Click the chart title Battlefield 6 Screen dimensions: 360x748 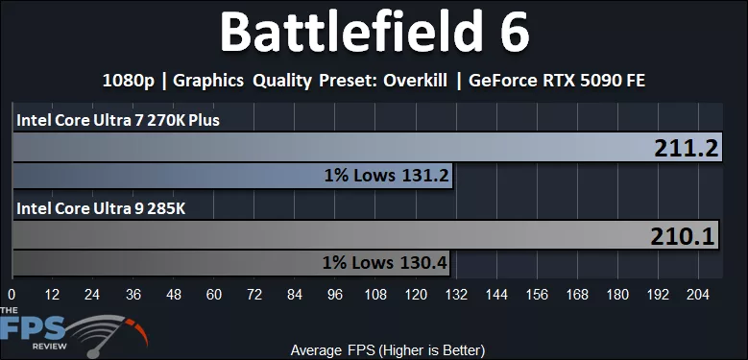pyautogui.click(x=374, y=34)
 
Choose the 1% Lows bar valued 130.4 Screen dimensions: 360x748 pyautogui.click(x=231, y=263)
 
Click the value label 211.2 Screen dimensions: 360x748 pyautogui.click(x=685, y=148)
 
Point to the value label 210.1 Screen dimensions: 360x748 pyautogui.click(x=685, y=236)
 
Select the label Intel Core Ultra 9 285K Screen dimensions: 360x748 pyautogui.click(x=94, y=207)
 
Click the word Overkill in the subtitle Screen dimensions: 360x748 pyautogui.click(x=408, y=81)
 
